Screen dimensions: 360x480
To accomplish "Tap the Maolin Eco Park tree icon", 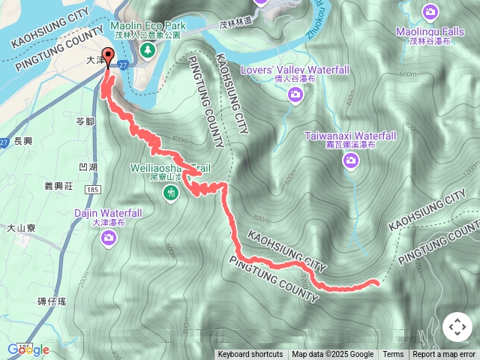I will click(x=148, y=50).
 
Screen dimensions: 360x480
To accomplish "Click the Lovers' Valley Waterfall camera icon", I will click(x=295, y=94).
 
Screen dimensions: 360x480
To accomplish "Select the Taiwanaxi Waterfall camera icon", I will click(x=350, y=159).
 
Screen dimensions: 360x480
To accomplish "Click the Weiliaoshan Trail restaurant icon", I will click(x=172, y=193).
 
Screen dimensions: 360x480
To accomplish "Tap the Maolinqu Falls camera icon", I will click(x=430, y=11).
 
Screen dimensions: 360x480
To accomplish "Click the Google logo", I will click(x=28, y=349).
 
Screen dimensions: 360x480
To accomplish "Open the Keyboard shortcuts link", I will click(x=250, y=355).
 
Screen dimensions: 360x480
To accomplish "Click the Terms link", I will click(x=393, y=355).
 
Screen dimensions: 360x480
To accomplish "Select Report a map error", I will click(x=444, y=355).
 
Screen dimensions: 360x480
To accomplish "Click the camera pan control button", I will click(x=457, y=327).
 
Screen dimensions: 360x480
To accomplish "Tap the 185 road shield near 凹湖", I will click(x=93, y=191).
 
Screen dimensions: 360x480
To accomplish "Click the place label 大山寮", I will click(x=22, y=227).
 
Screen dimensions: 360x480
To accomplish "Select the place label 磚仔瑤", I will click(x=51, y=301).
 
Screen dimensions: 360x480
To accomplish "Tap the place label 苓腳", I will click(x=85, y=121).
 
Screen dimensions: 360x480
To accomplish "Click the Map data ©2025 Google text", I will click(x=332, y=355).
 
